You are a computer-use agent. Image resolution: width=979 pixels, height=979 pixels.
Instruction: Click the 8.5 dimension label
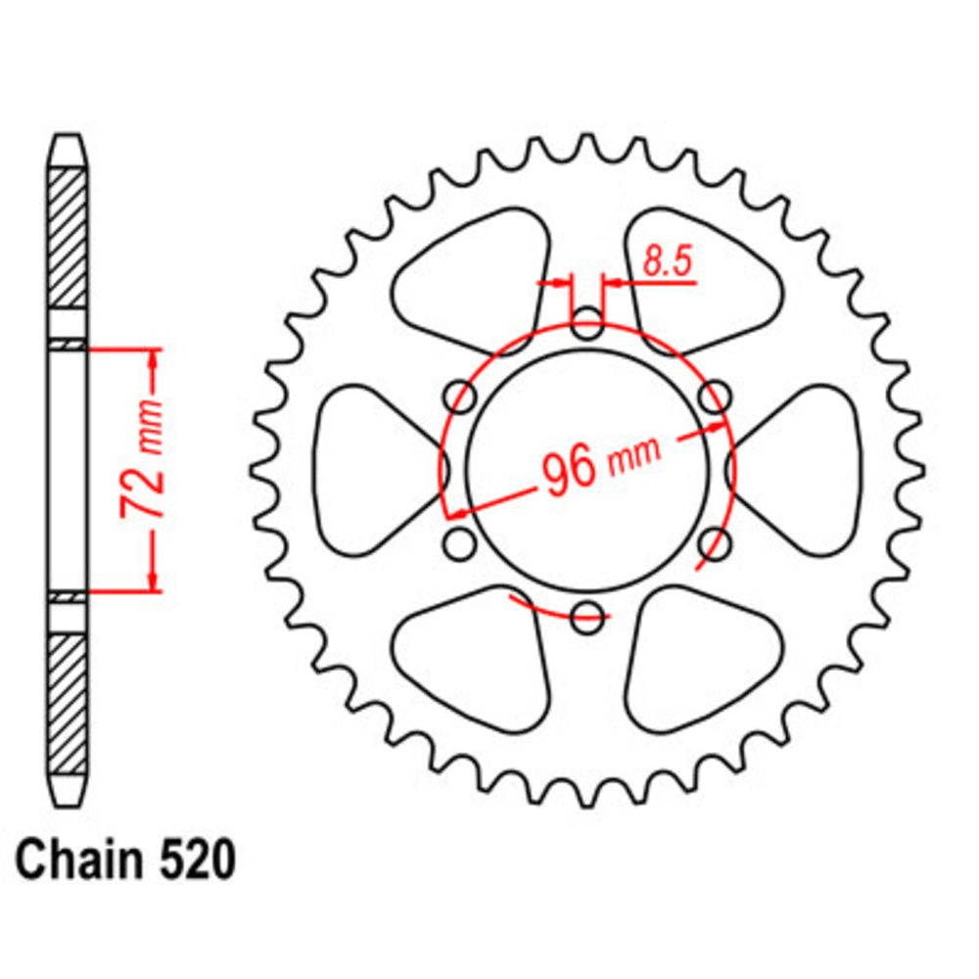point(669,262)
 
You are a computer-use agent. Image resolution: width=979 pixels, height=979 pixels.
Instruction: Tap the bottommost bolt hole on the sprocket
point(587,616)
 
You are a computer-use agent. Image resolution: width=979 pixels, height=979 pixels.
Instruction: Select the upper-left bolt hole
point(460,397)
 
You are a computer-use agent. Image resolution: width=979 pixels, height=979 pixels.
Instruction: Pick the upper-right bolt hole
point(716,397)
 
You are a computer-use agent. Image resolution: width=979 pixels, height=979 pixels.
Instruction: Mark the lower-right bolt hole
point(716,542)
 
